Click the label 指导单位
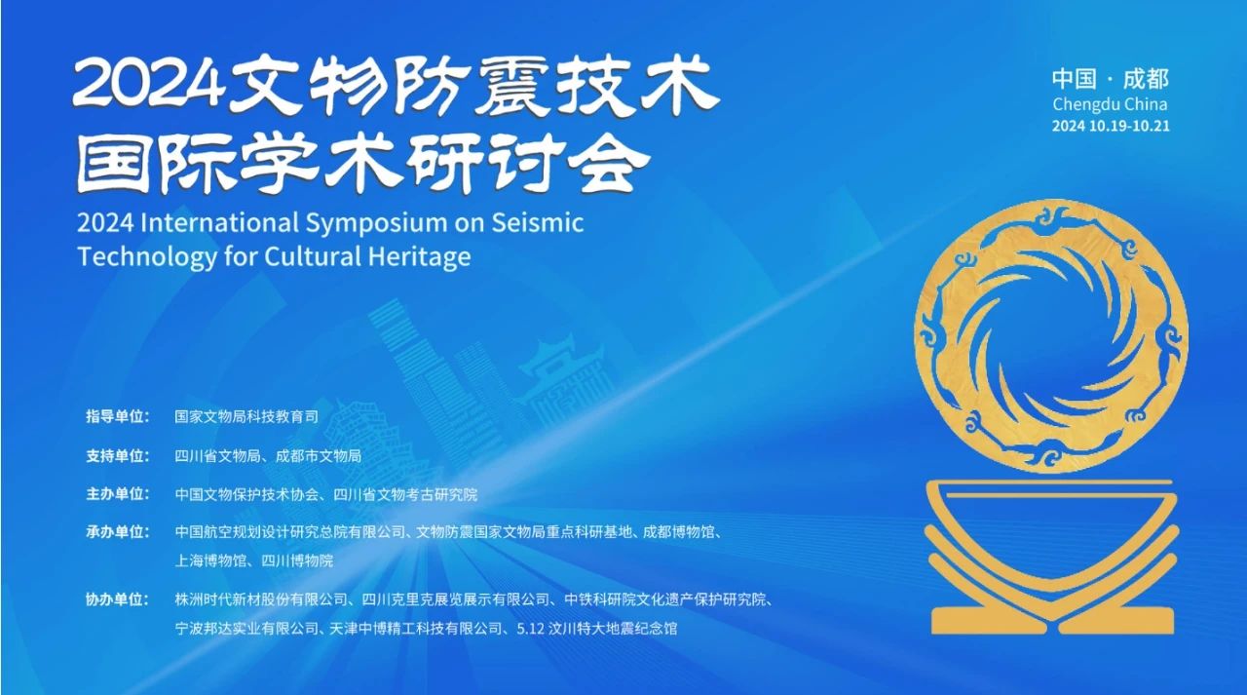[117, 416]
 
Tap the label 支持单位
[117, 455]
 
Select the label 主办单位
[117, 494]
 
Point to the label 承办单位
[117, 532]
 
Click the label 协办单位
[117, 599]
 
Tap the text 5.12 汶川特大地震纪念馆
[595, 629]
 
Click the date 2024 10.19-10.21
[1110, 126]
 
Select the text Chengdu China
[1110, 104]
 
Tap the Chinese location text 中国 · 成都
[1110, 79]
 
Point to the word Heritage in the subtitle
[425, 256]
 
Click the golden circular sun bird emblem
[1051, 336]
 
